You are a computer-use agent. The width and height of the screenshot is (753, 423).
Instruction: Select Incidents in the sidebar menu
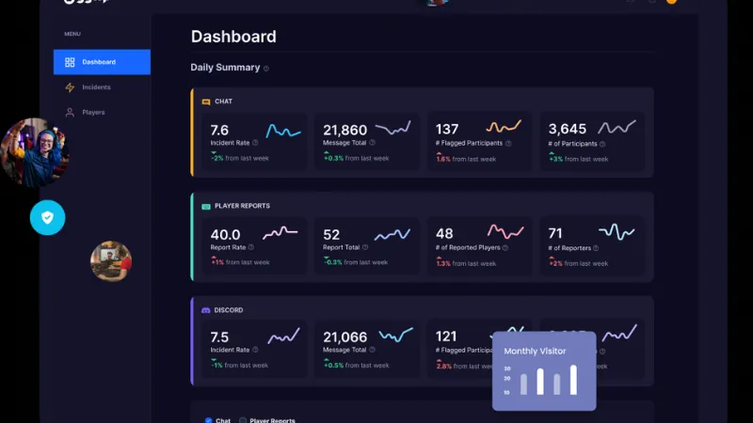click(95, 87)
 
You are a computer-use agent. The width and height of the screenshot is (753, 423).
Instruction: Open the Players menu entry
click(92, 113)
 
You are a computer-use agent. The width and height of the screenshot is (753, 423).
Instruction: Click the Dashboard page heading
click(233, 38)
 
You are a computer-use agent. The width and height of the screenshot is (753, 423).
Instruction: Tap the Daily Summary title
click(225, 68)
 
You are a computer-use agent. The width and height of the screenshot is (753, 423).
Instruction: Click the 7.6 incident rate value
click(219, 130)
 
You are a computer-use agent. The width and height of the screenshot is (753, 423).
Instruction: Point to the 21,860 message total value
click(344, 130)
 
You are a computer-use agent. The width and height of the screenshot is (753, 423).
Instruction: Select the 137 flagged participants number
click(447, 129)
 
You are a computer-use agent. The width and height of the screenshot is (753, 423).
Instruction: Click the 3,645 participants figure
click(568, 129)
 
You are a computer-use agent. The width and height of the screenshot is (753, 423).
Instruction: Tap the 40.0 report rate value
click(225, 234)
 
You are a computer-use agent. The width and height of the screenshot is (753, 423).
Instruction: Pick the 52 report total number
click(331, 234)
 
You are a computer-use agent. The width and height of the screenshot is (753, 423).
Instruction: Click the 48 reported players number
click(444, 233)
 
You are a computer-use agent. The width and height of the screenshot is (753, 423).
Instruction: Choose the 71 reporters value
click(555, 233)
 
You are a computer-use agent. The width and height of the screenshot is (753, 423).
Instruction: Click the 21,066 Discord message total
click(344, 337)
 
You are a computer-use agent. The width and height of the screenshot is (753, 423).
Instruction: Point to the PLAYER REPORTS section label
click(242, 206)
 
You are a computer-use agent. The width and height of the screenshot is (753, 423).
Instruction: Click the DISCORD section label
click(229, 310)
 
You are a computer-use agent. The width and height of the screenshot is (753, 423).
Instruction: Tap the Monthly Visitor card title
click(535, 352)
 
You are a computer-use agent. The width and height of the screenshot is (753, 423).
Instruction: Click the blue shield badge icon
click(47, 218)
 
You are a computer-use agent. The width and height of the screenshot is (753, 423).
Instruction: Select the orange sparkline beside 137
click(504, 127)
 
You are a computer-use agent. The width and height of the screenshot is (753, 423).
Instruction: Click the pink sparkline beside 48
click(505, 231)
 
